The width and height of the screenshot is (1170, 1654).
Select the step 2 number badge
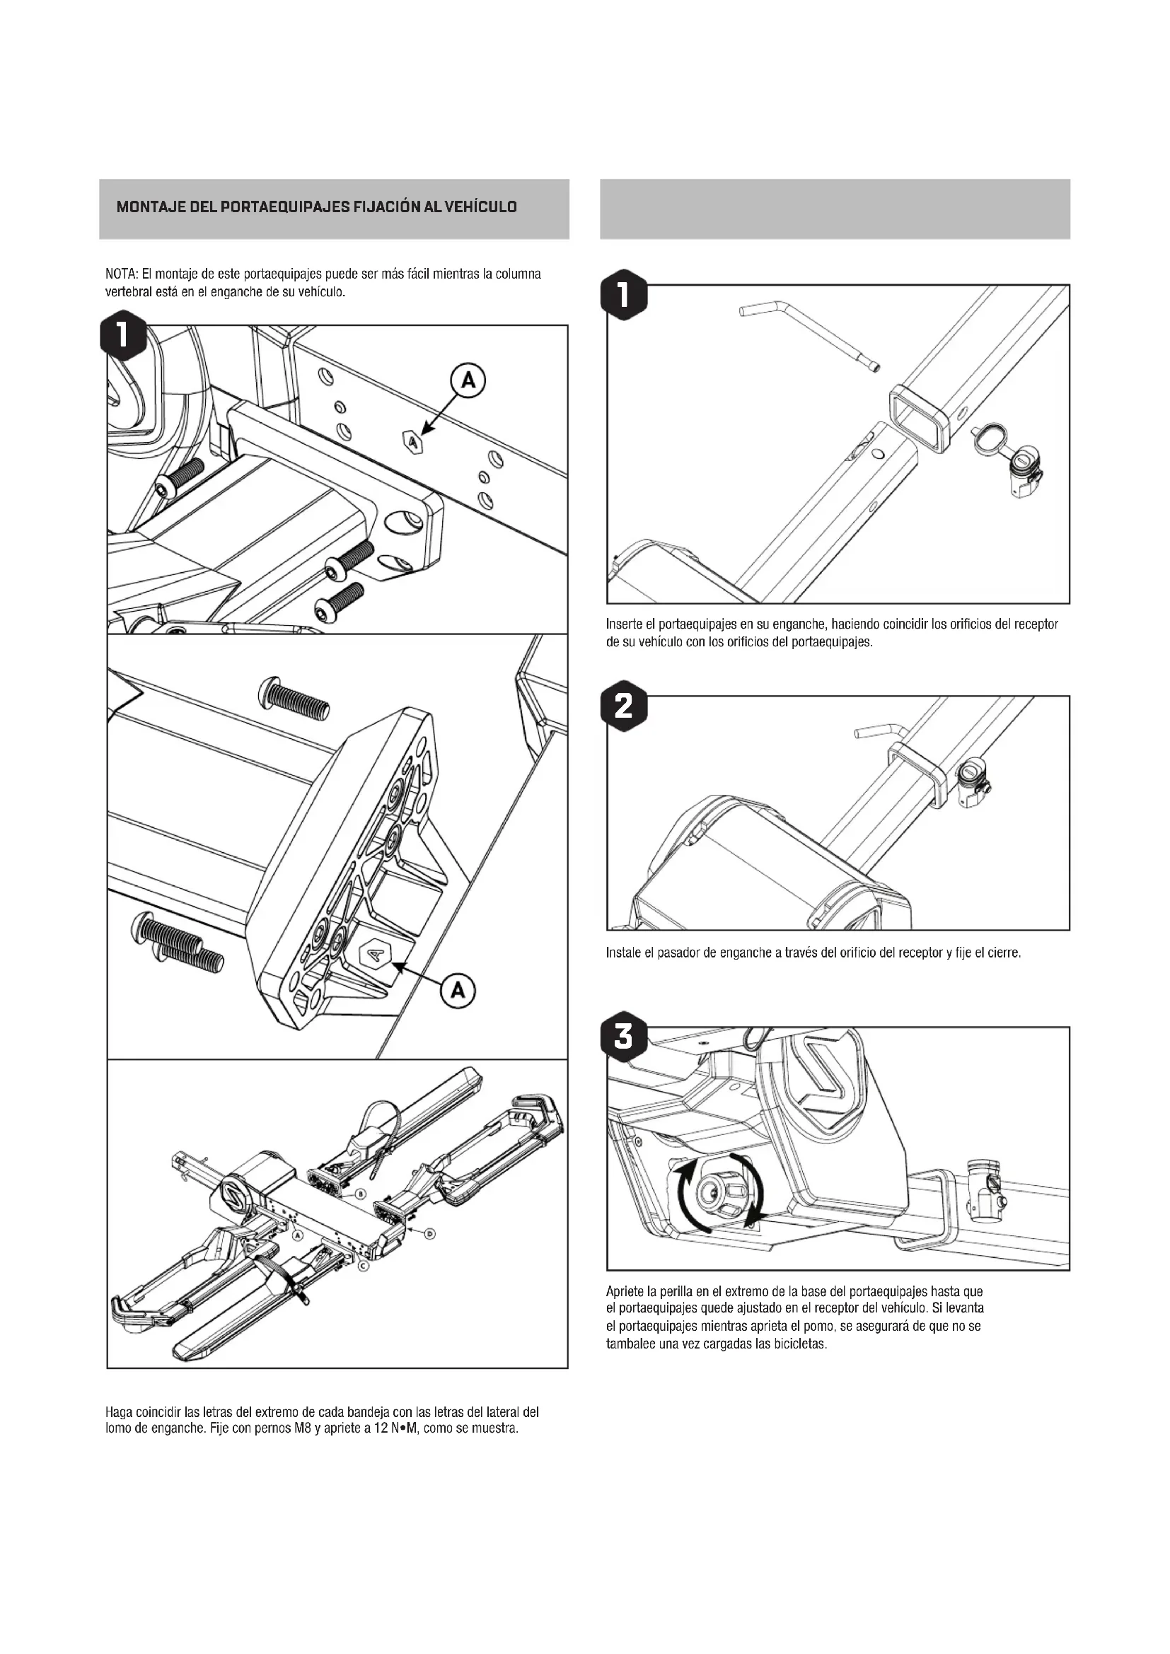pyautogui.click(x=624, y=706)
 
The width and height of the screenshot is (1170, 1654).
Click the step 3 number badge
pyautogui.click(x=624, y=1037)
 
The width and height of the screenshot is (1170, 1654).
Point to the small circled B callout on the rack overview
pyautogui.click(x=360, y=1195)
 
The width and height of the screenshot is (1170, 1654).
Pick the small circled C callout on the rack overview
pyautogui.click(x=363, y=1266)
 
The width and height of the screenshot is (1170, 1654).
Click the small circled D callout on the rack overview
pyautogui.click(x=429, y=1234)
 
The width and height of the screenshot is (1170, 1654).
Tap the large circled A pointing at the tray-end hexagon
pyautogui.click(x=458, y=991)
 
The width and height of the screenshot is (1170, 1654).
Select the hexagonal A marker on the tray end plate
pyautogui.click(x=375, y=955)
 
